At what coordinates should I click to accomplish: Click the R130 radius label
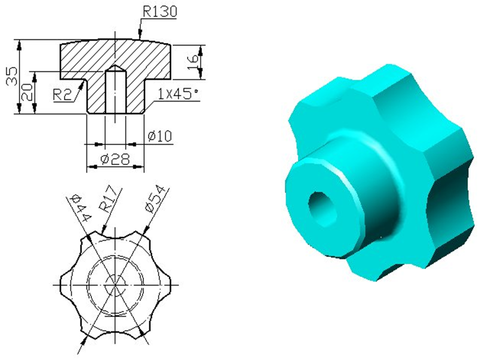click(x=160, y=11)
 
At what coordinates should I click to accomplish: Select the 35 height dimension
click(x=12, y=76)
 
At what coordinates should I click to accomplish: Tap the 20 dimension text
click(x=27, y=92)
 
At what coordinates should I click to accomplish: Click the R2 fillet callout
click(x=62, y=94)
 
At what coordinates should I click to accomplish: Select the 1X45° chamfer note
click(x=178, y=93)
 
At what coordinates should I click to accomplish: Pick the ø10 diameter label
click(x=160, y=136)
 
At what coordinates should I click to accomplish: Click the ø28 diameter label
click(x=115, y=159)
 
